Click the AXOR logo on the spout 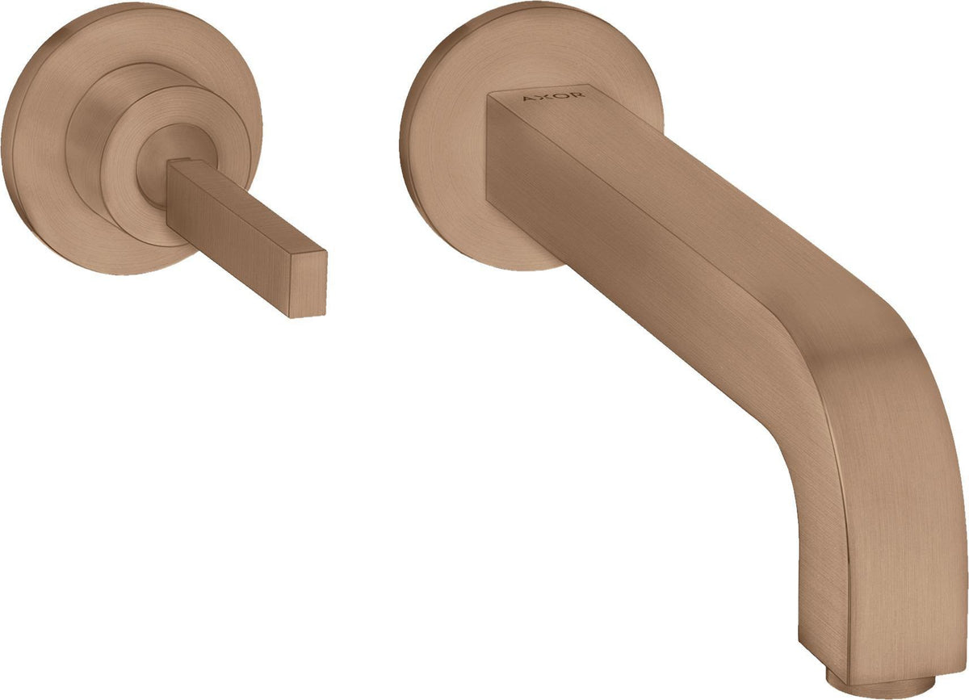(554, 96)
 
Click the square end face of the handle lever (308, 285)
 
